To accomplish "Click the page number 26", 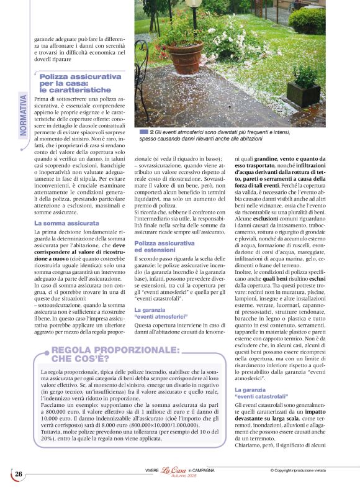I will coord(19,475).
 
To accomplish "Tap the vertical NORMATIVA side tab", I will coord(23,115).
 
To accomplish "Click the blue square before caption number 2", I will coord(144,132).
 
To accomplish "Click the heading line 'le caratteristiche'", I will coord(76,89).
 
